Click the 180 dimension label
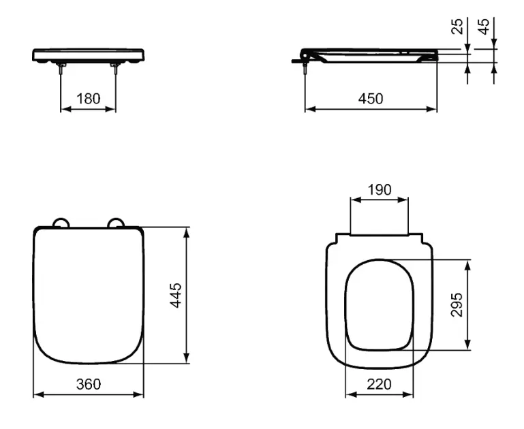[x=88, y=99]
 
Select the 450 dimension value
[x=371, y=99]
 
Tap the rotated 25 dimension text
[x=457, y=27]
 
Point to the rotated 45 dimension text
[x=484, y=27]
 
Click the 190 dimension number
[x=380, y=189]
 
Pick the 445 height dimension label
[x=176, y=295]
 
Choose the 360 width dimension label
[x=88, y=384]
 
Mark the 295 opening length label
[x=457, y=304]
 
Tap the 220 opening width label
[x=379, y=384]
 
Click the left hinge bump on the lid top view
[x=61, y=223]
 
